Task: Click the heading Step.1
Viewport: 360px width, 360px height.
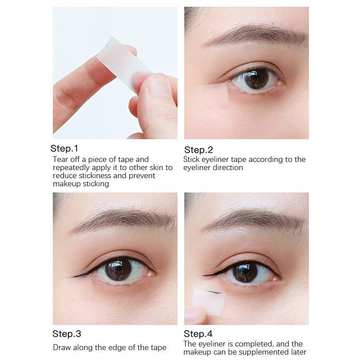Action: coord(64,148)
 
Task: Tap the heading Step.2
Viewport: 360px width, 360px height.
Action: coord(198,150)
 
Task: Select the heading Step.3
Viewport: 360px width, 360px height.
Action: coord(67,334)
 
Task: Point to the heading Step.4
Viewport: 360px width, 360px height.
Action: coord(198,334)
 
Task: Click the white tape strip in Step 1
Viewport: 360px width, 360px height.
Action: coord(124,64)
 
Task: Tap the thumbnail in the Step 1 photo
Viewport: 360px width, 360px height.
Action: coord(158,84)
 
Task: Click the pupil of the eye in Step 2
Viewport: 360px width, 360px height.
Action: coord(256,78)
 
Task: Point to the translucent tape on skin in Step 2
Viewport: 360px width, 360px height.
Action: coord(213,93)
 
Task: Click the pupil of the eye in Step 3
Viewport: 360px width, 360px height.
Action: coord(118,270)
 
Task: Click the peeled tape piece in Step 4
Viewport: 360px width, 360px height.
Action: coord(208,302)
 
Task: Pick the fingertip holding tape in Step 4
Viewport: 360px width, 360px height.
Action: coord(195,315)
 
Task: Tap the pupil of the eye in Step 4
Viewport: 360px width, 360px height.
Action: coord(246,272)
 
